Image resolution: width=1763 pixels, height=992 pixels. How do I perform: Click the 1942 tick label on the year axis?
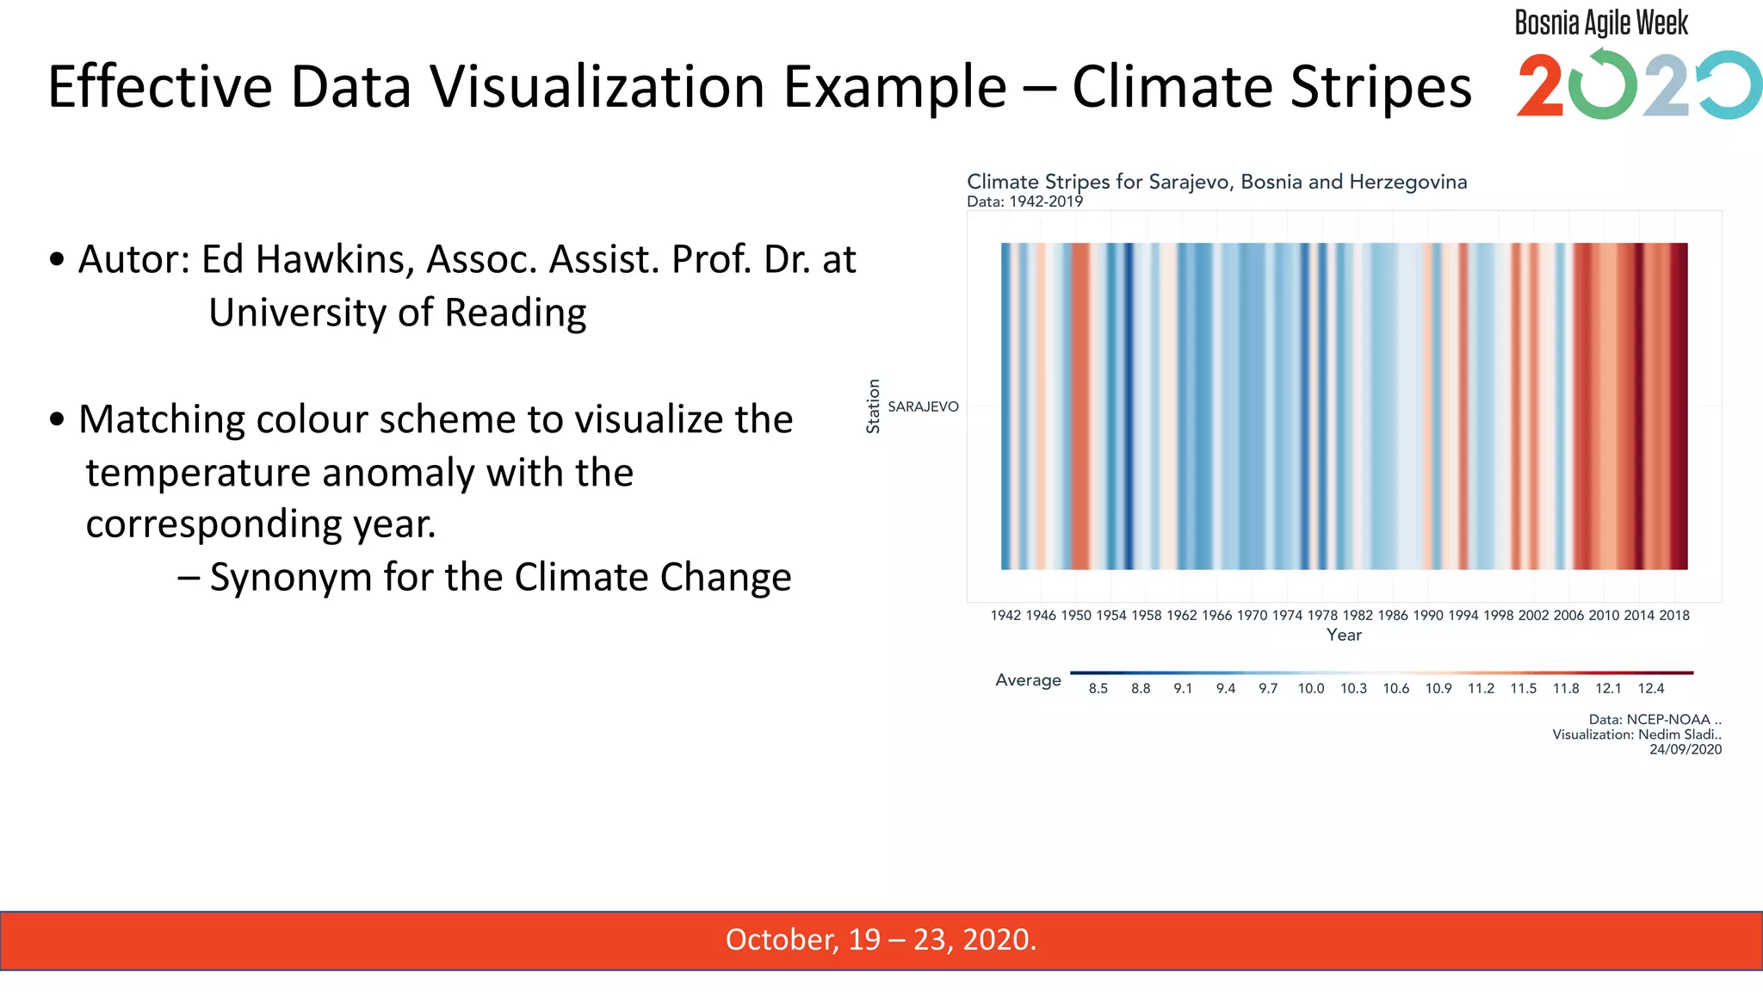tap(1005, 615)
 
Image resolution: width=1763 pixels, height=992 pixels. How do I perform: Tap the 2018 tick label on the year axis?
tap(1674, 615)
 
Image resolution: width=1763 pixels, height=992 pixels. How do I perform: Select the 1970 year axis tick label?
tap(1252, 615)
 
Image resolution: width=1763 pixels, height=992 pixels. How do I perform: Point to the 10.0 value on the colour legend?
tap(1311, 688)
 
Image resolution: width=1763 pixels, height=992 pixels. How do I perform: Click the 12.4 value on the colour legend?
tap(1651, 688)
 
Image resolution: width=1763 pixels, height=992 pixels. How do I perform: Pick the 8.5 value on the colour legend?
tap(1098, 688)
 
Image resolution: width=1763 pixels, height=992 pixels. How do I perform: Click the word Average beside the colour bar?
tap(1028, 679)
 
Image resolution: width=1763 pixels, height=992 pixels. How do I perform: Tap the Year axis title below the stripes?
tap(1344, 635)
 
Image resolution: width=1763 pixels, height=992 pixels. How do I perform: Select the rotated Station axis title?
tap(873, 406)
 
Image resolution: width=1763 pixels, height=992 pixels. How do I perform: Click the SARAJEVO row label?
tap(923, 406)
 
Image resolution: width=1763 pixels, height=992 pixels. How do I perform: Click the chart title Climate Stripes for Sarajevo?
tap(1216, 182)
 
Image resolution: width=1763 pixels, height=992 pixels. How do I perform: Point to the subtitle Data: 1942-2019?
tap(1024, 201)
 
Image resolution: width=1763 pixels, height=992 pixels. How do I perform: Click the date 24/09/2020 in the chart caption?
tap(1686, 749)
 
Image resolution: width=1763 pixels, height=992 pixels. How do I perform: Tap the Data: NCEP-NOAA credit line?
tap(1655, 719)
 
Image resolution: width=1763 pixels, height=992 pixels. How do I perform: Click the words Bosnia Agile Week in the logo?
tap(1601, 22)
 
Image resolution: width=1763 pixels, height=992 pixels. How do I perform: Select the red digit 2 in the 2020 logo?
tap(1540, 86)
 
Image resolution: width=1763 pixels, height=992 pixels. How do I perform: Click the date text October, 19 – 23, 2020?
tap(881, 939)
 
